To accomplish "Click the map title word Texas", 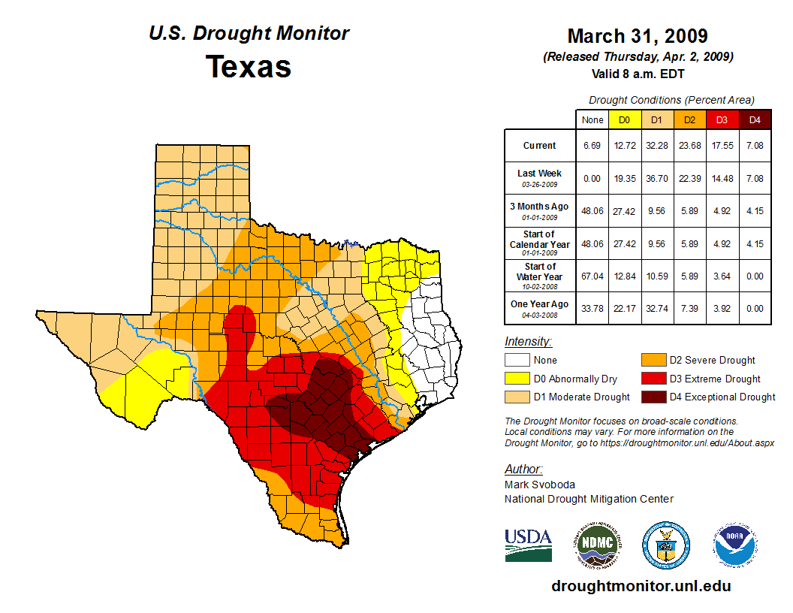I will point(249,67).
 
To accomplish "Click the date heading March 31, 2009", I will point(637,36).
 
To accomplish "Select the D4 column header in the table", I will point(755,119).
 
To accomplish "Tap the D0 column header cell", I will point(623,119).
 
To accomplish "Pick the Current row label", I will point(540,146).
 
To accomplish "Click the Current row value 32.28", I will point(656,146).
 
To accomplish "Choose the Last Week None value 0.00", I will point(592,178).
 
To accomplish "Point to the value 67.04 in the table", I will point(592,276).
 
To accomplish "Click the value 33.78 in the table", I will point(592,308).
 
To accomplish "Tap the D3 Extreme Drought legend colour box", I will point(653,379).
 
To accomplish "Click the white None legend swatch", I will point(517,361).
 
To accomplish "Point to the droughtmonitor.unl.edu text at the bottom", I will point(641,586).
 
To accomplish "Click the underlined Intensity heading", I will point(528,342).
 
